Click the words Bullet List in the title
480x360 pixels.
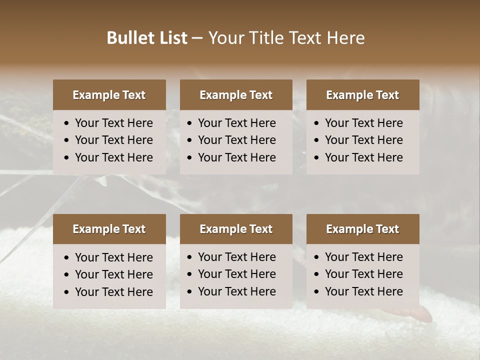[147, 38]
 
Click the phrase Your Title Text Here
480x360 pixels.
[286, 38]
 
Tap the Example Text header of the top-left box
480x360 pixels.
[109, 95]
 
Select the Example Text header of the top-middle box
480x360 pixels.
[236, 95]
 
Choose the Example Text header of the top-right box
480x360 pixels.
[362, 95]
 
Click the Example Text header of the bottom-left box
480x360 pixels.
[109, 229]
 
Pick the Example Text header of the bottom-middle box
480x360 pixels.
[236, 229]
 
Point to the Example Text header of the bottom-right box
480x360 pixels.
[362, 229]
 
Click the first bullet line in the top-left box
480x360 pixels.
[114, 123]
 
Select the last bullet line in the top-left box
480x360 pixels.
[114, 157]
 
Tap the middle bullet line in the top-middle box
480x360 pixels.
[237, 140]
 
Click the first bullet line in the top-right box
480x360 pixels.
[364, 123]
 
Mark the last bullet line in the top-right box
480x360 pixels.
[364, 157]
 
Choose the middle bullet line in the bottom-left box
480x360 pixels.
[114, 274]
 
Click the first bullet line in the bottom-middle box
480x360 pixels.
[237, 257]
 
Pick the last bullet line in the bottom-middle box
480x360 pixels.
[237, 291]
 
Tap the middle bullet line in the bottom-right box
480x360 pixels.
[364, 274]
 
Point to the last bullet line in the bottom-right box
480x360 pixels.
[364, 291]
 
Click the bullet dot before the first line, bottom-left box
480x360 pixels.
[67, 258]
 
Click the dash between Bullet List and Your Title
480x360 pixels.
[197, 38]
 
